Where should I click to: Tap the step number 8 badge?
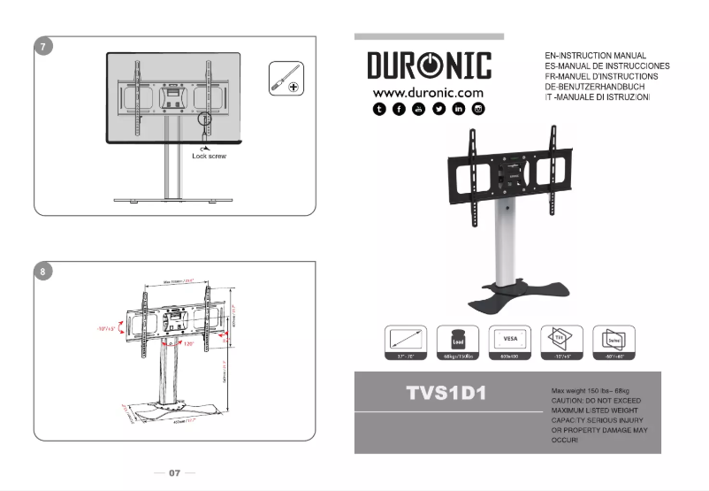43,272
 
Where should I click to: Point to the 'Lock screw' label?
210,156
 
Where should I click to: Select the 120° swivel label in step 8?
189,343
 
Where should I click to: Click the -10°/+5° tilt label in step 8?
109,328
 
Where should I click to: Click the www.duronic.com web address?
428,93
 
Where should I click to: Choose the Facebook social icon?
399,109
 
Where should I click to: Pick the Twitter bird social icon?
438,109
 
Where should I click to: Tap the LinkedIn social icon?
459,109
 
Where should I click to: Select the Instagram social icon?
478,109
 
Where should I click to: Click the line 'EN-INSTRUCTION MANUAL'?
596,56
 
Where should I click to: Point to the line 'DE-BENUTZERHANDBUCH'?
595,87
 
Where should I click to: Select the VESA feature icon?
510,339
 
